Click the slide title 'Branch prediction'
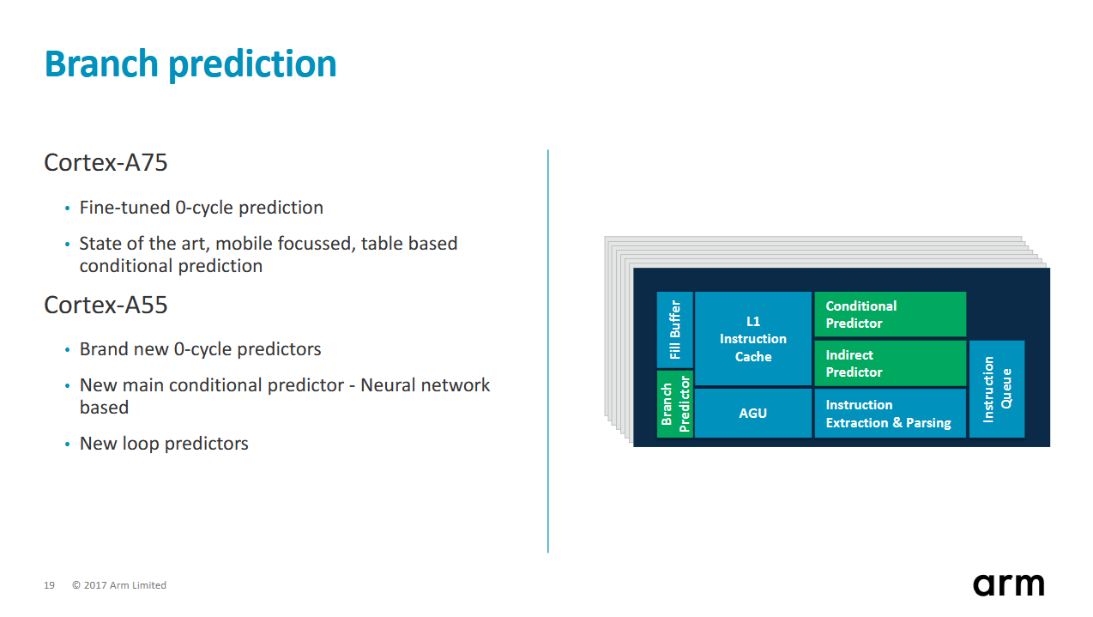pos(190,64)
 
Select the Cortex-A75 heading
pos(106,162)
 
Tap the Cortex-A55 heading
pos(106,305)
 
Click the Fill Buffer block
pos(675,330)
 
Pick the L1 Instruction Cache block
pos(753,339)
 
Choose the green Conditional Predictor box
pos(890,314)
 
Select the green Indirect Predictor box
pos(890,364)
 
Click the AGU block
pos(753,413)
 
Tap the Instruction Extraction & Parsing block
pos(890,413)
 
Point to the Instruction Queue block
pos(996,389)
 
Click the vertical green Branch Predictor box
pos(675,403)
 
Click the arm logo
pos(1009,584)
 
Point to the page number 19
pos(49,585)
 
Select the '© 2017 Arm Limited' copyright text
pos(119,585)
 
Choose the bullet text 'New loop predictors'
pos(164,444)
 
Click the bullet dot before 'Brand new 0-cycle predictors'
pos(67,350)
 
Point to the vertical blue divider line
pos(548,351)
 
